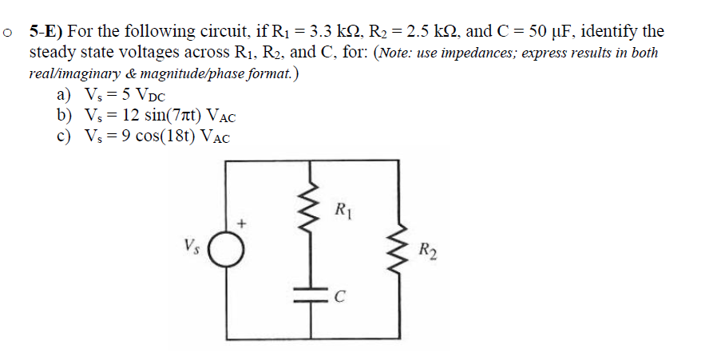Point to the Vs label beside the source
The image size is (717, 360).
[191, 244]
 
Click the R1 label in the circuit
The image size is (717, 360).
[341, 212]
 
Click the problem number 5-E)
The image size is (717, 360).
[48, 32]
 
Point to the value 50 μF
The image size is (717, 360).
[551, 32]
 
